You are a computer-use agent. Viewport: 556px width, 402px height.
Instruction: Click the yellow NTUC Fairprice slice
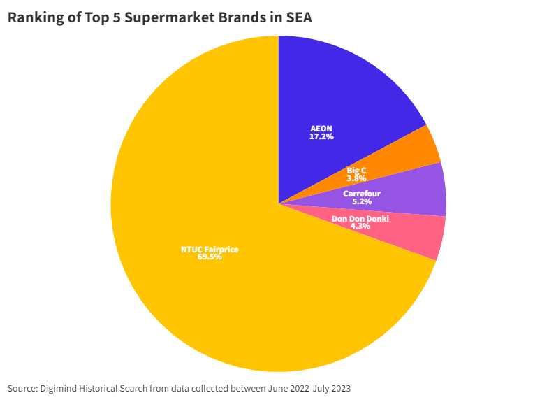click(210, 280)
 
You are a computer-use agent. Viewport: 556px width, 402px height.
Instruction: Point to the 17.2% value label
click(321, 137)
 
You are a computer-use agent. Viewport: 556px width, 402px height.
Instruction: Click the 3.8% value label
click(356, 178)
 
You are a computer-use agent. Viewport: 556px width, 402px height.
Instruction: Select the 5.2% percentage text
click(362, 201)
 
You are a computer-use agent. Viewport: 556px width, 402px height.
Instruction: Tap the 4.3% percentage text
click(360, 227)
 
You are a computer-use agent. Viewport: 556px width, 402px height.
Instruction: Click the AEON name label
click(321, 129)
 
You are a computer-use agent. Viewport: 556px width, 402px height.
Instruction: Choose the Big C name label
click(356, 170)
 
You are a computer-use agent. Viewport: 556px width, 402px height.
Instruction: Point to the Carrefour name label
click(362, 193)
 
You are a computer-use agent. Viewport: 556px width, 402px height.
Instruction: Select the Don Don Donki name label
click(360, 218)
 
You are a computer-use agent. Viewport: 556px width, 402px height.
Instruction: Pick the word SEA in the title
click(298, 18)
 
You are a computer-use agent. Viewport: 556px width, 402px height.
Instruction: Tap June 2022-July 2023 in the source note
click(307, 388)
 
